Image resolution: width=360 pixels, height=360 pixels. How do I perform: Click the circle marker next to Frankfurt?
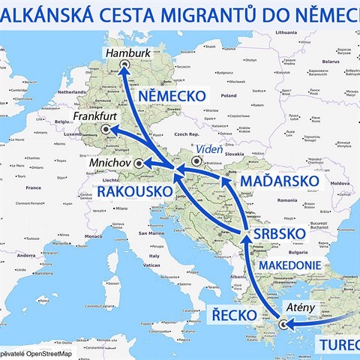tap(106, 130)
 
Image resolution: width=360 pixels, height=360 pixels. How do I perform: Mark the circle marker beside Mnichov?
tap(138, 162)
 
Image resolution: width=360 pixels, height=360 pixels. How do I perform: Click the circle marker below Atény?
tap(283, 325)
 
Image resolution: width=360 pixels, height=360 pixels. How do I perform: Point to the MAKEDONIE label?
tap(292, 265)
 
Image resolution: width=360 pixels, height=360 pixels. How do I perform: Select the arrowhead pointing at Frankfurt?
tap(114, 130)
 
